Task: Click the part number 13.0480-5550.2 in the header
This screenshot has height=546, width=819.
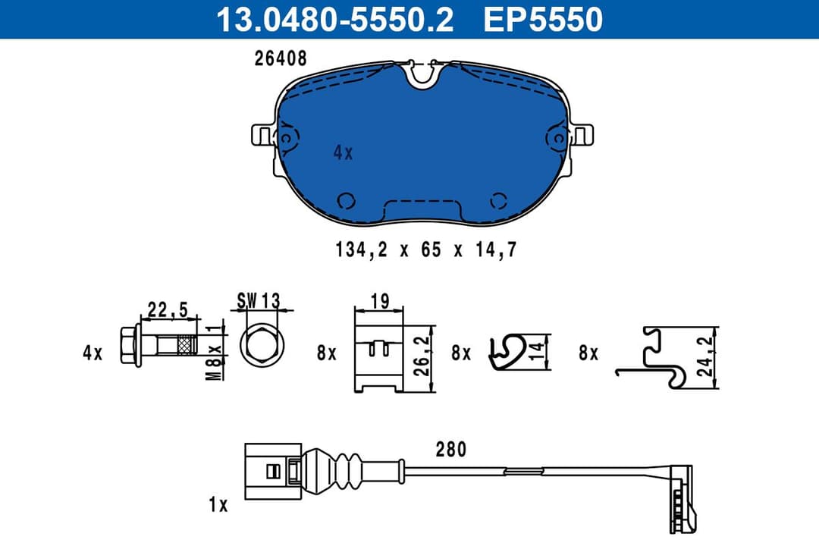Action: pyautogui.click(x=334, y=20)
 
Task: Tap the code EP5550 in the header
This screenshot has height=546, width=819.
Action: pyautogui.click(x=543, y=20)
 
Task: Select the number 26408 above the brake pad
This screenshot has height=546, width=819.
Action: pyautogui.click(x=281, y=59)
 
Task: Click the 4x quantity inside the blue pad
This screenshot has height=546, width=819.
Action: pyautogui.click(x=343, y=152)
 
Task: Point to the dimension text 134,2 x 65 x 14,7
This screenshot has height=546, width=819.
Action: pyautogui.click(x=425, y=249)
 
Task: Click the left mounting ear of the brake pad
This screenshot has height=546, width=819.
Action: pyautogui.click(x=262, y=136)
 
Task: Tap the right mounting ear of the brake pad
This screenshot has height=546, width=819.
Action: pyautogui.click(x=583, y=136)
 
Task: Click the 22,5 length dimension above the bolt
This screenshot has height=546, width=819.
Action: pyautogui.click(x=168, y=309)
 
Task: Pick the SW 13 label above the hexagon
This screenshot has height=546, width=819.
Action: pyautogui.click(x=258, y=300)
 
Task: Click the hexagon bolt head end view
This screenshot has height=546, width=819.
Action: pyautogui.click(x=263, y=348)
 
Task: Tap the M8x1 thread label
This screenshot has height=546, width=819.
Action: pyautogui.click(x=215, y=351)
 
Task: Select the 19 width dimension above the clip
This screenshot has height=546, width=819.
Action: pyautogui.click(x=379, y=300)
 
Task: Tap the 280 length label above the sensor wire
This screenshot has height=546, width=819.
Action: pyautogui.click(x=450, y=450)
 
